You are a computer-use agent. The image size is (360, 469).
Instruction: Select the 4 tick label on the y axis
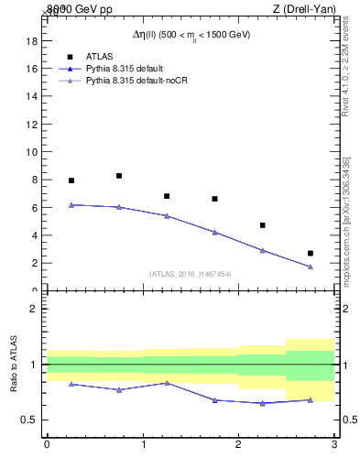[33, 235]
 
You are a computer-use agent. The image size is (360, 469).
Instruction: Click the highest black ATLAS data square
[119, 176]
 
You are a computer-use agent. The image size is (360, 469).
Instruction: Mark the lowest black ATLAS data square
[311, 253]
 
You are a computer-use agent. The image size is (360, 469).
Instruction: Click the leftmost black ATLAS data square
[71, 180]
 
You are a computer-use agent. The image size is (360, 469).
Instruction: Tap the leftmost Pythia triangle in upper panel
[71, 204]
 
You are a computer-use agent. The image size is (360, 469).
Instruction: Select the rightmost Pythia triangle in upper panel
[311, 267]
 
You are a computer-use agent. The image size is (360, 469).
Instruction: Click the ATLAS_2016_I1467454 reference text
[191, 274]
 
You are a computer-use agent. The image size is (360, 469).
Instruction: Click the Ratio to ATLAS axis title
[14, 365]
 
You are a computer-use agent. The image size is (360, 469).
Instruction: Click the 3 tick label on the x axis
[334, 444]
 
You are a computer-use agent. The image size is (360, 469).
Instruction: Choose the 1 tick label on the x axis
[143, 444]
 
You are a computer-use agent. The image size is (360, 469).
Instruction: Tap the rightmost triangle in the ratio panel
[311, 399]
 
